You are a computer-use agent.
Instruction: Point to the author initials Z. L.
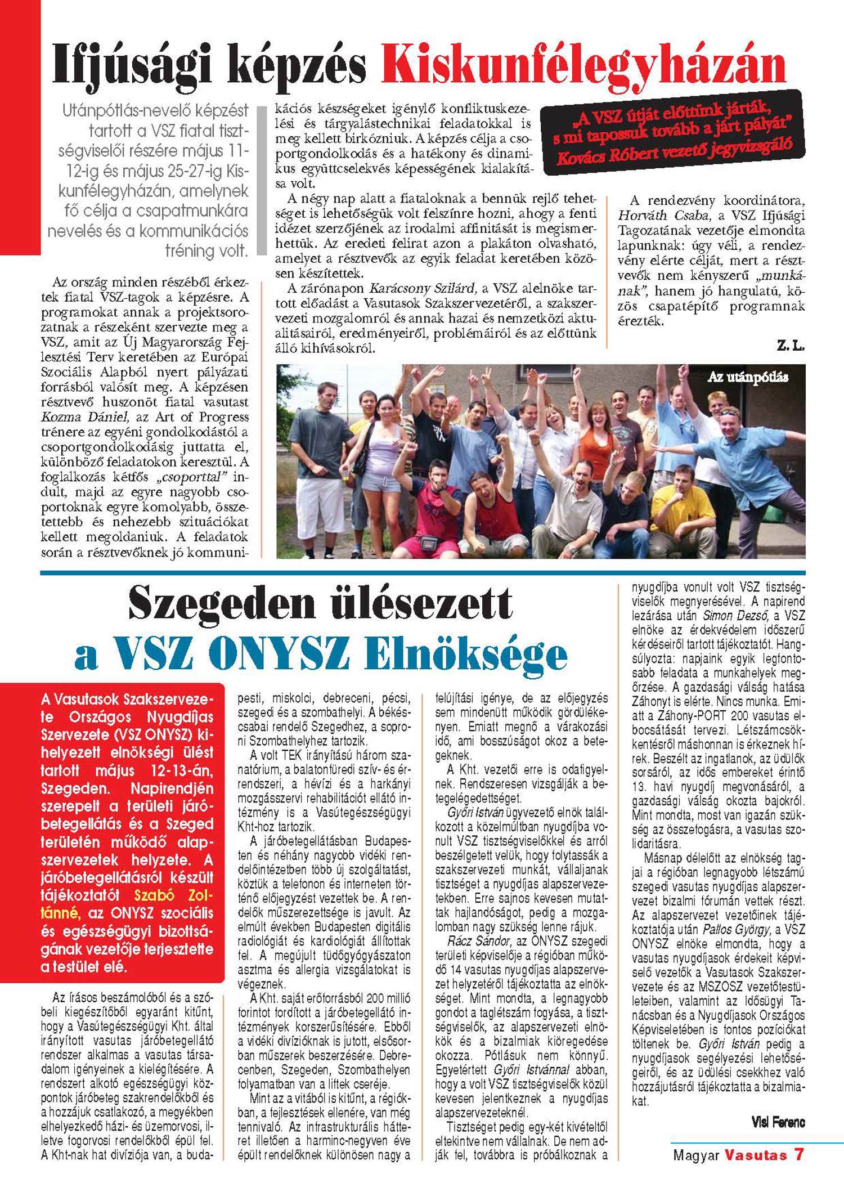coord(791,347)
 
